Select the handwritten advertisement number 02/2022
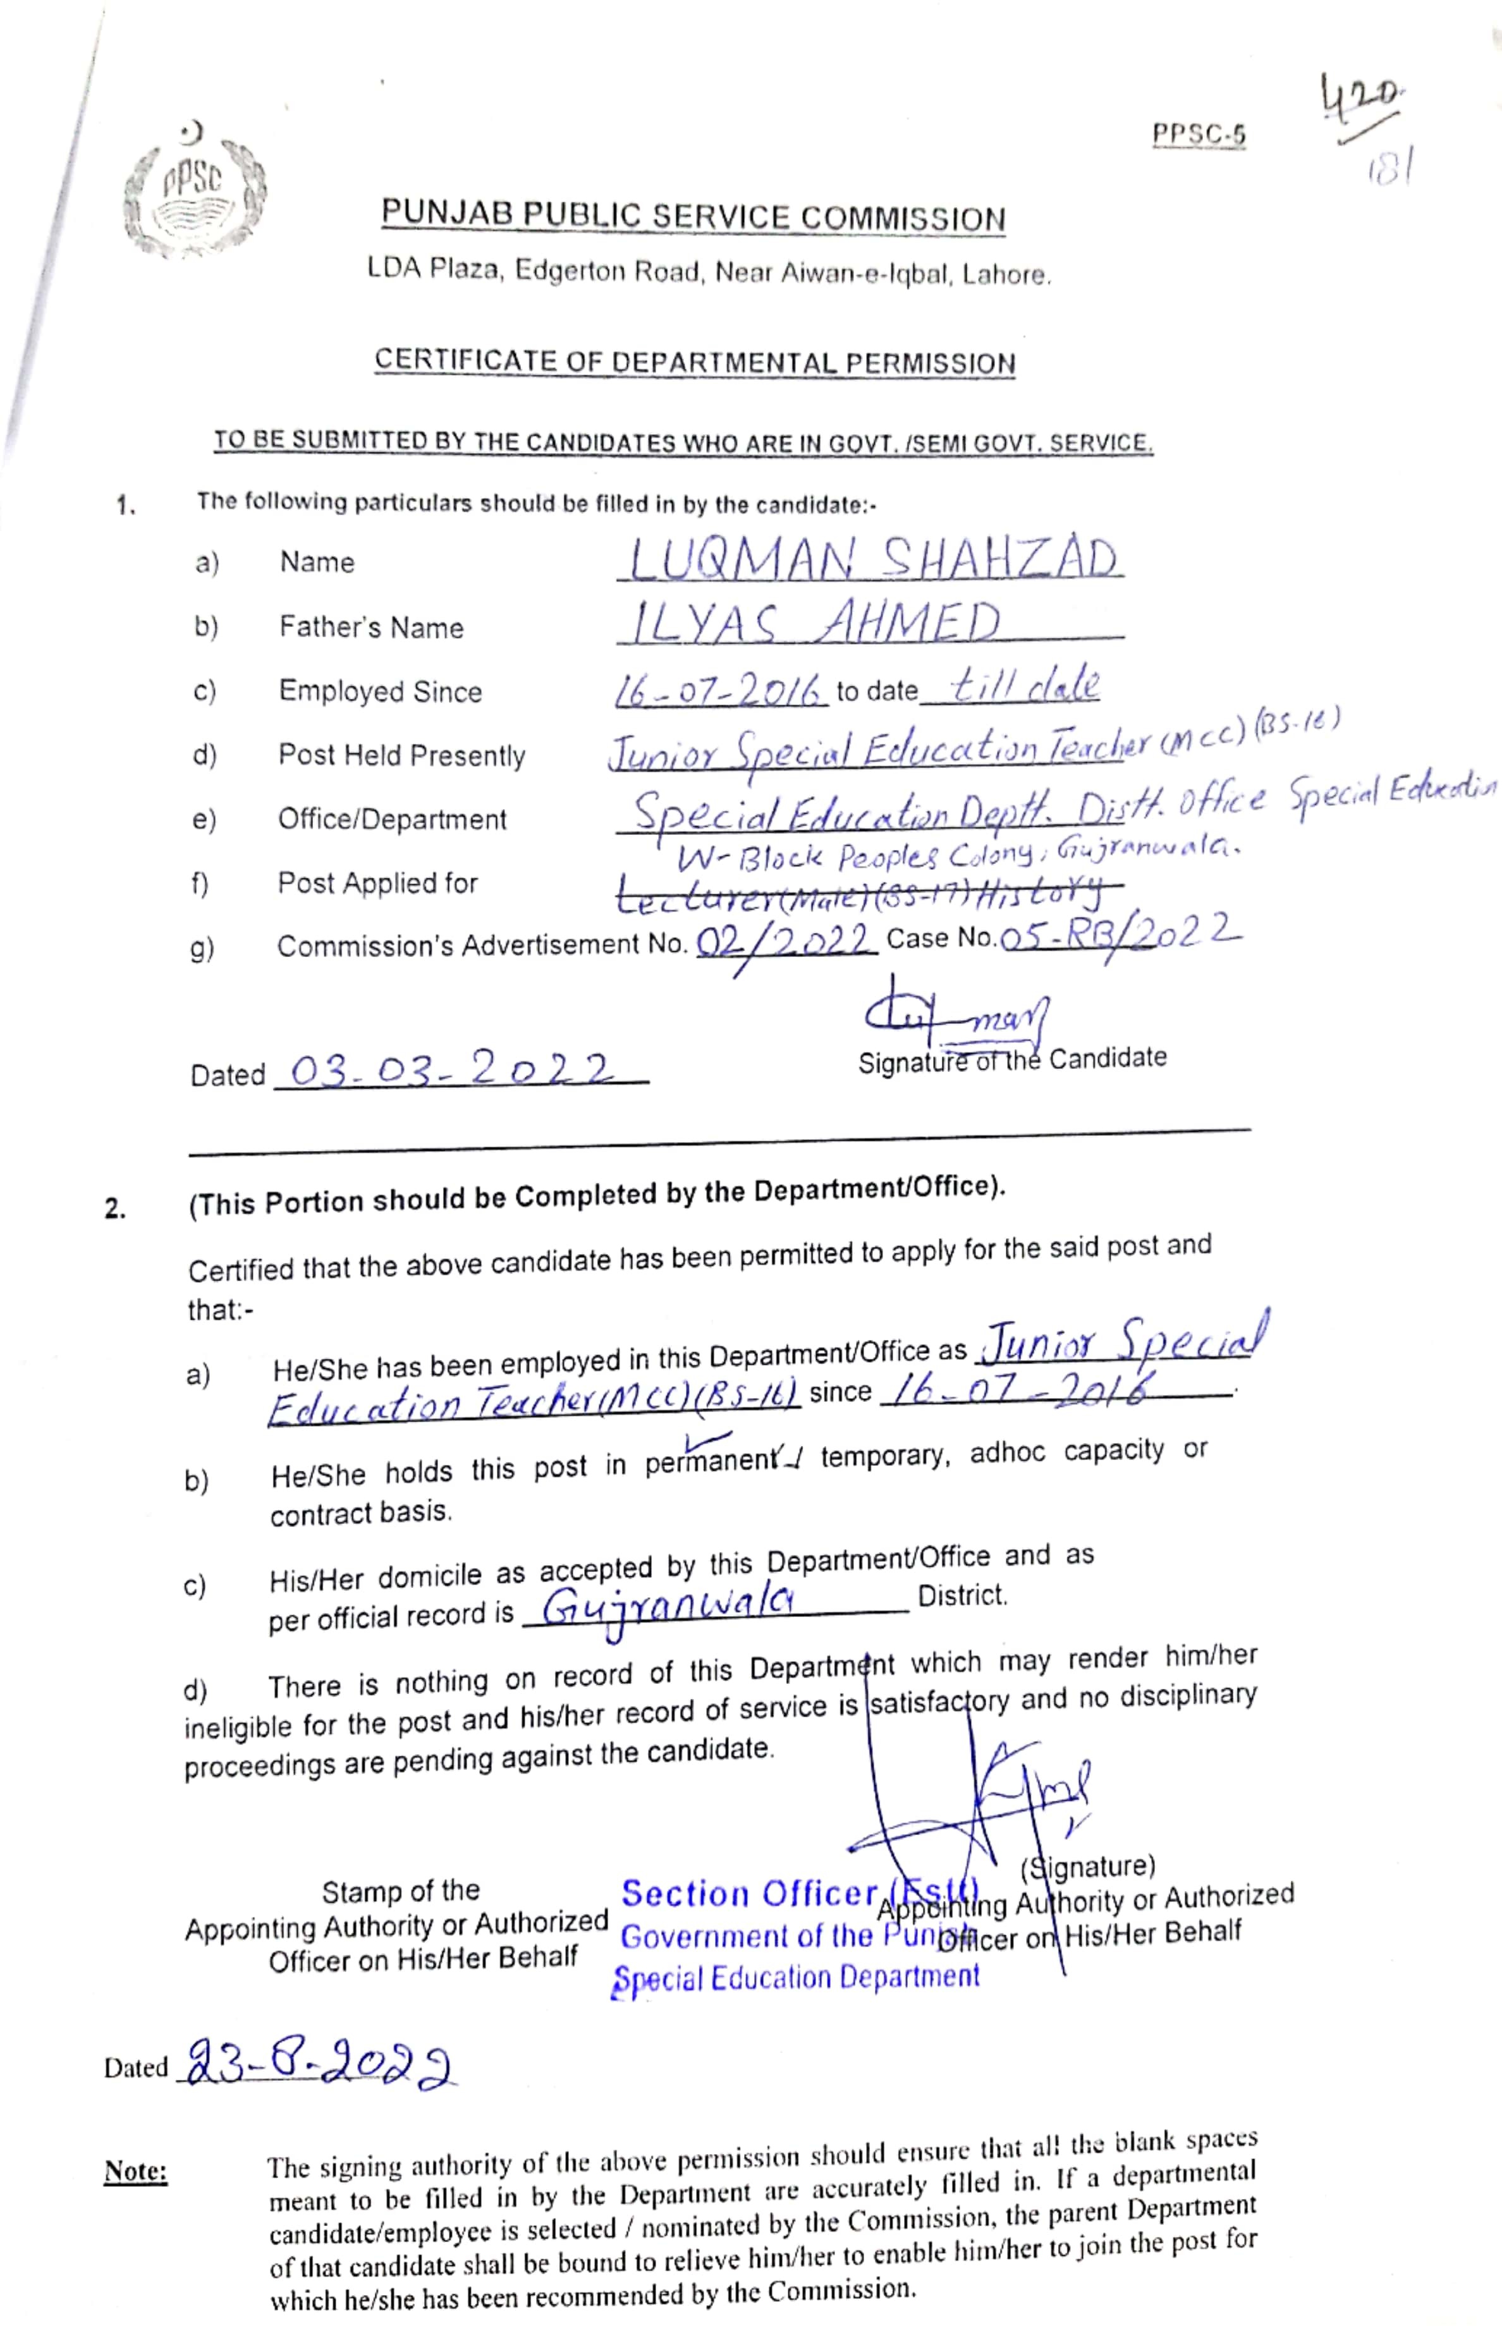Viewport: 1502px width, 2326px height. tap(785, 941)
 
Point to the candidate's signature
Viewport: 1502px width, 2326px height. tap(956, 1017)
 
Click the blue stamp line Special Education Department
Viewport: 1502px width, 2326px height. tap(796, 1978)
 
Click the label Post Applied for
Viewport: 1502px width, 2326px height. tap(377, 884)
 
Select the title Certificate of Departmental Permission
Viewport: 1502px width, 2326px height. tap(695, 362)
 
